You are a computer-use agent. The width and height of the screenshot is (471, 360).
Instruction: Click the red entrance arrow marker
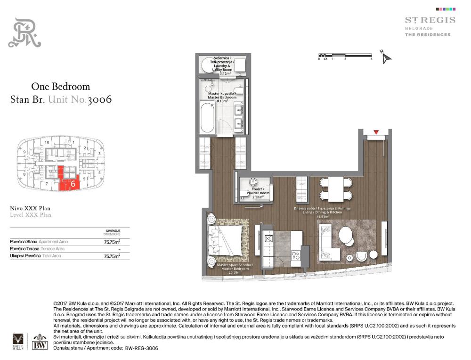click(376, 132)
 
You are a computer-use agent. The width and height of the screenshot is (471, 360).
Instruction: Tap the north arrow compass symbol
click(387, 57)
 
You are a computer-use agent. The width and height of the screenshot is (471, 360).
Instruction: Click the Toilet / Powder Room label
click(254, 192)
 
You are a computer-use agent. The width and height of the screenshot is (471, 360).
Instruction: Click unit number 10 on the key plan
click(47, 142)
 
